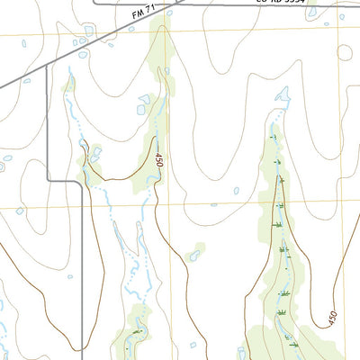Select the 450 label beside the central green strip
click(x=157, y=160)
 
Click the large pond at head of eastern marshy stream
click(x=282, y=94)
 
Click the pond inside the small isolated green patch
click(x=193, y=256)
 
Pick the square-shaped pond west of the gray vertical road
click(x=20, y=211)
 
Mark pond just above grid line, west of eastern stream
click(x=236, y=191)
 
